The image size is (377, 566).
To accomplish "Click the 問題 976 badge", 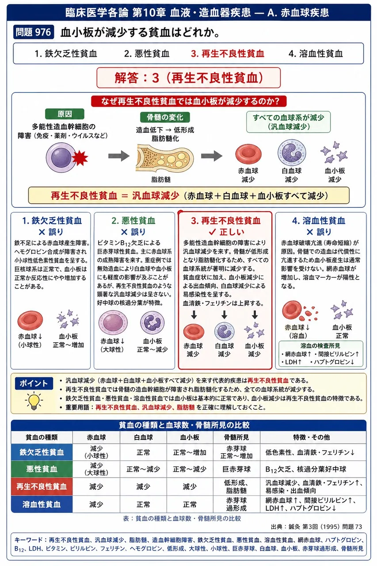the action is click(x=34, y=32).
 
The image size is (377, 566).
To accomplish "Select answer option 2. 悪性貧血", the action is click(x=146, y=54).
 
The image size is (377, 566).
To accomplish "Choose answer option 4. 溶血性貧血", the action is click(x=316, y=54).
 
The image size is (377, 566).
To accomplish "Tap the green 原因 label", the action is click(x=65, y=114).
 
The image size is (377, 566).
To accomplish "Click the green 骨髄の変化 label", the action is click(x=165, y=117).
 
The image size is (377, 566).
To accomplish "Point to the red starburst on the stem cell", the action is click(x=80, y=158).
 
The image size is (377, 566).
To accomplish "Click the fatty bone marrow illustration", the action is click(x=165, y=158).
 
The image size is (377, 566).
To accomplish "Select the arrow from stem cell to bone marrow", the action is click(x=119, y=156).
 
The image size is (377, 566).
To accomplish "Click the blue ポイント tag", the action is click(x=34, y=383).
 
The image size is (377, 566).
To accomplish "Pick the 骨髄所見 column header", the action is click(x=236, y=437).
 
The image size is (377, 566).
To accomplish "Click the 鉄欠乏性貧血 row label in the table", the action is click(x=42, y=452).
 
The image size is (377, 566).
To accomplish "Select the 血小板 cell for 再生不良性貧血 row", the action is click(x=190, y=486).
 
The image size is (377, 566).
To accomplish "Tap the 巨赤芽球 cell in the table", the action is click(x=236, y=469).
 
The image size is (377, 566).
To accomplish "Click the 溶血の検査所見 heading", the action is click(x=320, y=345).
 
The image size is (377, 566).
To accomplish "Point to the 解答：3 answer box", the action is click(x=189, y=78).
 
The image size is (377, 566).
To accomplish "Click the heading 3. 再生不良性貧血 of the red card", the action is click(x=225, y=221).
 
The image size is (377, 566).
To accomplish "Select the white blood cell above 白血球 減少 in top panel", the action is click(x=292, y=153).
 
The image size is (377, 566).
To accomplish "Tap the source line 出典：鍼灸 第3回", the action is click(x=316, y=527).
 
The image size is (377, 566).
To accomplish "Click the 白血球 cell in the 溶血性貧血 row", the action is click(x=143, y=504).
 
